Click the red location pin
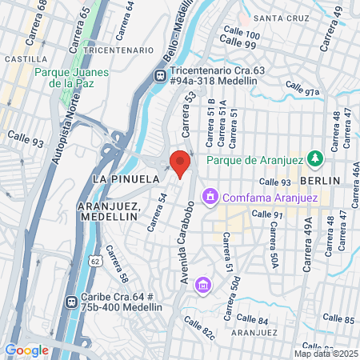180,164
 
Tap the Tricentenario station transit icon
160,75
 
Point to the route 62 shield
95,262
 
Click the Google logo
26,350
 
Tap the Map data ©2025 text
324,354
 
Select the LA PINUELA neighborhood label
122,178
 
